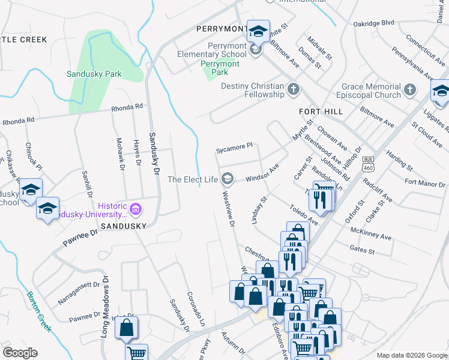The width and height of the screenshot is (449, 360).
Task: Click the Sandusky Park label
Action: [x=94, y=74]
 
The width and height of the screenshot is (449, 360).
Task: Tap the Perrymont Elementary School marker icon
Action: [x=256, y=50]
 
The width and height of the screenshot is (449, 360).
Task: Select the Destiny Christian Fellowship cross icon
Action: [x=294, y=89]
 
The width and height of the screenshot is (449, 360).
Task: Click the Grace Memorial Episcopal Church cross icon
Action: [x=409, y=90]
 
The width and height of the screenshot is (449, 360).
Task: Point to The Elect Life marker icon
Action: [x=228, y=179]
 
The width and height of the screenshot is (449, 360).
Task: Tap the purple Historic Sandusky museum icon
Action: [x=136, y=209]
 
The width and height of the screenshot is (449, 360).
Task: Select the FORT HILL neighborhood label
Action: [x=321, y=112]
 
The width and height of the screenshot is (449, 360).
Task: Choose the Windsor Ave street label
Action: [x=262, y=175]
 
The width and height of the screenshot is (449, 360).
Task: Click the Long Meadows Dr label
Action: [x=104, y=306]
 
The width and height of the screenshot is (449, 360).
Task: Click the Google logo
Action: [x=20, y=353]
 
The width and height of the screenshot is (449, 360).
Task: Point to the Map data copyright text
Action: [x=411, y=355]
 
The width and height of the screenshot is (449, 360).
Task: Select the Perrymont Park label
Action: [x=220, y=68]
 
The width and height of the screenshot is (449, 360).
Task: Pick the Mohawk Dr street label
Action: [x=119, y=151]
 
